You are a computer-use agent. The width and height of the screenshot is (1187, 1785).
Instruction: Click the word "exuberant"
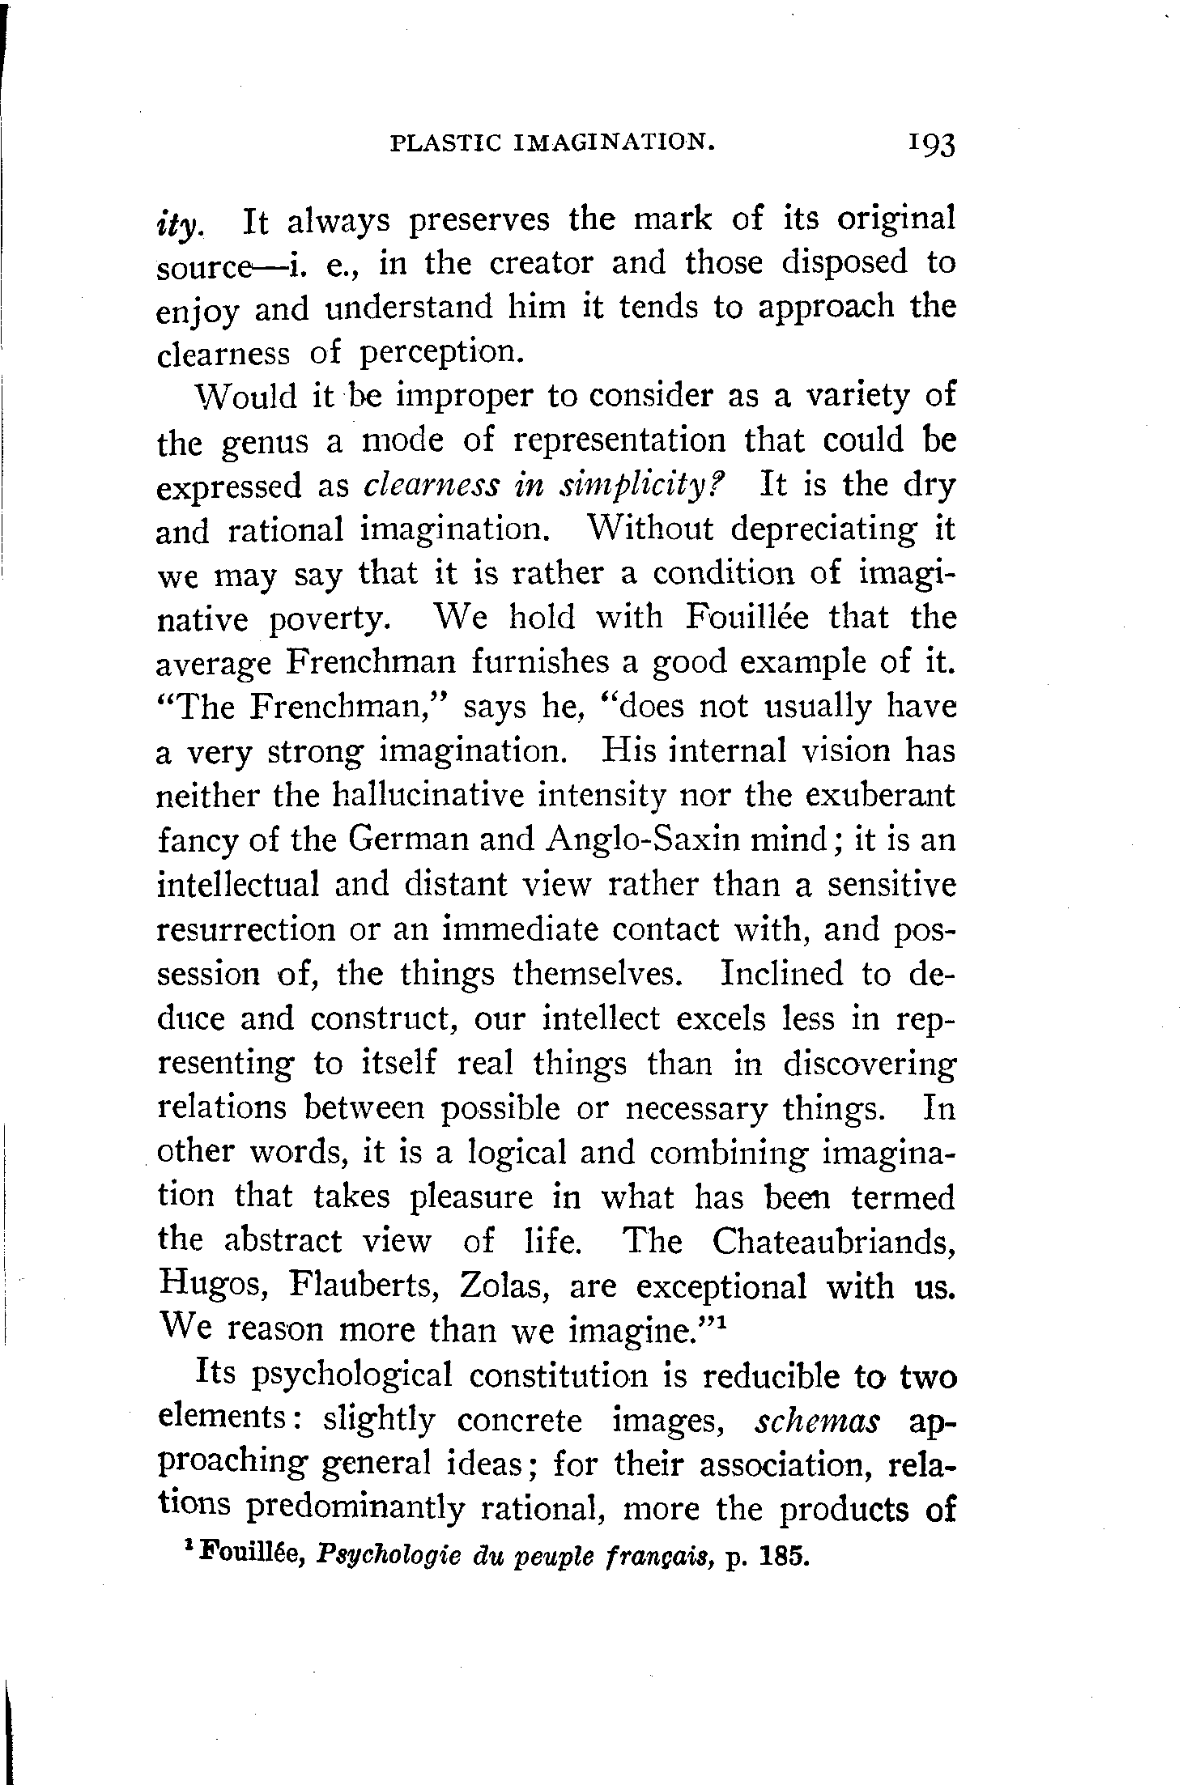(x=880, y=796)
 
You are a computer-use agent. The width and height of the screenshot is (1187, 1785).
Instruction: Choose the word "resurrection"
(x=245, y=929)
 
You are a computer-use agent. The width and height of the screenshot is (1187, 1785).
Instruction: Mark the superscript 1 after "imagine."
(x=721, y=1320)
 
